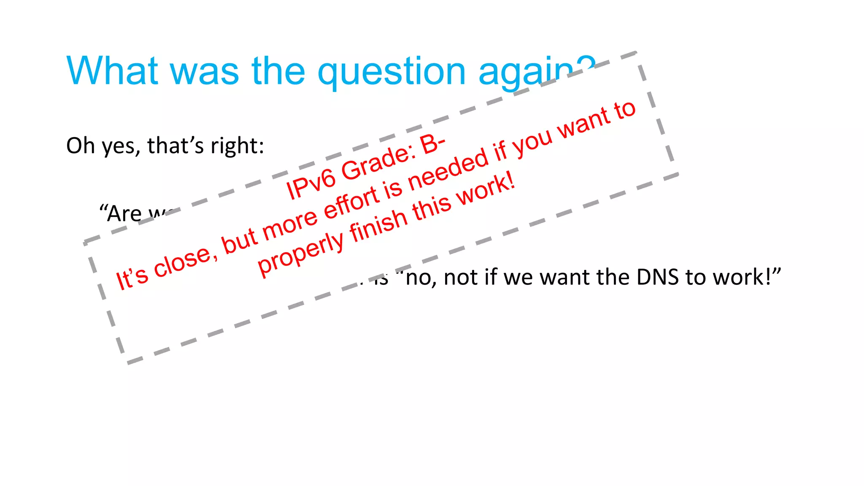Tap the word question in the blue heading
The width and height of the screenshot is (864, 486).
[391, 72]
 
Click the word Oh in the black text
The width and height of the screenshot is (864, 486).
[80, 146]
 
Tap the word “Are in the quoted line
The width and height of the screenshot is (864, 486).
[120, 213]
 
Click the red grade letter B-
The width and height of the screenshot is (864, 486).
[432, 143]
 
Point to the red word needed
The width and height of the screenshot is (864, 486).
[448, 167]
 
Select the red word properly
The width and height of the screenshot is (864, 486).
[301, 253]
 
